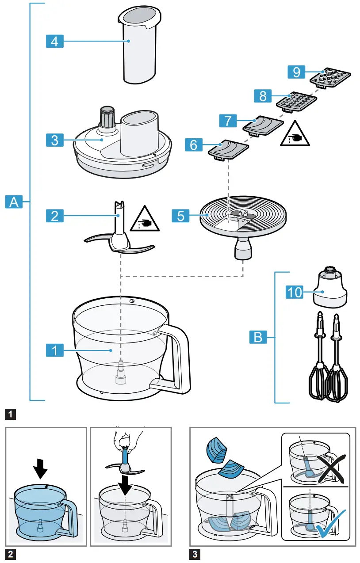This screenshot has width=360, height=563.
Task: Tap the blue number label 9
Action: (296, 71)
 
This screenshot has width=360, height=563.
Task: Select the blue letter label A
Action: (14, 202)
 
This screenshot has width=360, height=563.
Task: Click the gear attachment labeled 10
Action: (329, 290)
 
